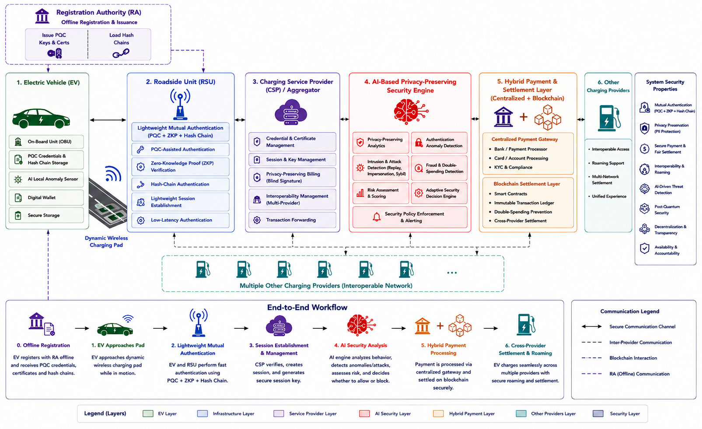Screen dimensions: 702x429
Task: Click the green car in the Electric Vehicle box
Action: [41, 118]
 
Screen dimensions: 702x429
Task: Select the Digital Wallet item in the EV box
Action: [46, 197]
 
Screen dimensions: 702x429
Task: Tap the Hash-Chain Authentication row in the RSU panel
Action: [180, 184]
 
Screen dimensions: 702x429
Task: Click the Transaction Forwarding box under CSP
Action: [292, 220]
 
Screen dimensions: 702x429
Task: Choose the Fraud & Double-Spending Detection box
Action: [439, 169]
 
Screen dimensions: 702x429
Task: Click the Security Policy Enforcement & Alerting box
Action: [410, 217]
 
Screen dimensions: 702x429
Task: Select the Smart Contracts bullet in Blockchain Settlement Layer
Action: [510, 194]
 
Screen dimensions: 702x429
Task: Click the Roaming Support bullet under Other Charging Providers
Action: [608, 163]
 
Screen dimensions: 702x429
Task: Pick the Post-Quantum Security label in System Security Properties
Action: [667, 210]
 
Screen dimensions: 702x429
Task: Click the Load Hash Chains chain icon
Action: [121, 53]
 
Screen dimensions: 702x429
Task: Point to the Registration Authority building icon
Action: [42, 16]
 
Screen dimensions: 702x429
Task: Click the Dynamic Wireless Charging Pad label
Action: [106, 242]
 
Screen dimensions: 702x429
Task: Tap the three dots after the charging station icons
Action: [452, 273]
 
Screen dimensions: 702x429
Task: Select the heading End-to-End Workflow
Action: [307, 307]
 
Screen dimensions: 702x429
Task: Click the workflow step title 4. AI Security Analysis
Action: [360, 345]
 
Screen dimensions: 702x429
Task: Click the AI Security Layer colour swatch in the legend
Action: [364, 414]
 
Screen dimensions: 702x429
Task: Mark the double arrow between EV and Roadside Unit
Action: [108, 120]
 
